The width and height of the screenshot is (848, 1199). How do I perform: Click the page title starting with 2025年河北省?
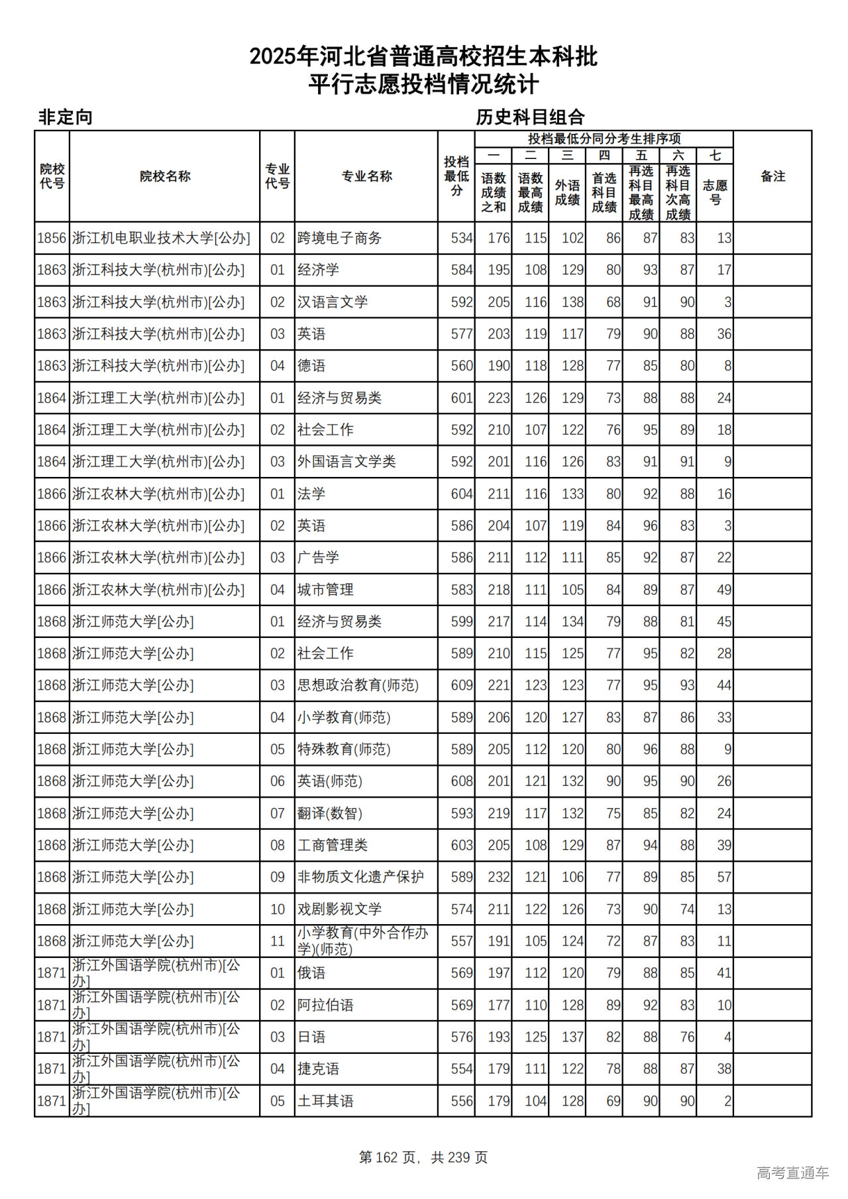click(423, 57)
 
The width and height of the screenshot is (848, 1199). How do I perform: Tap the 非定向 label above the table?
click(65, 117)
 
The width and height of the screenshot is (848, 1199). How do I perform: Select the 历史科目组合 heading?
click(530, 117)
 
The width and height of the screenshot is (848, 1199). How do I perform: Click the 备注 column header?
click(772, 176)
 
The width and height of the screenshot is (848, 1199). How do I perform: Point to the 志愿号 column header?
click(715, 192)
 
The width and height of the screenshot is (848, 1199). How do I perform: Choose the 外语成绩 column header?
click(567, 192)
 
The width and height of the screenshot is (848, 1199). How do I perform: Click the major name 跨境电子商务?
click(339, 238)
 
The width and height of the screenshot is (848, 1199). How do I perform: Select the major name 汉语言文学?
click(333, 302)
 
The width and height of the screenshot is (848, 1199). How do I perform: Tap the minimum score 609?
click(461, 686)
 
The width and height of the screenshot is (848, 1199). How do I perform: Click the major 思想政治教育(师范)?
click(358, 686)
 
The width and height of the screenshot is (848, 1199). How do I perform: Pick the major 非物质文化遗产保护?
click(360, 877)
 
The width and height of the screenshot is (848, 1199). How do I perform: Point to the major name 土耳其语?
click(325, 1101)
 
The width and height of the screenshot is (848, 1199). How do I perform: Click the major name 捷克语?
click(318, 1069)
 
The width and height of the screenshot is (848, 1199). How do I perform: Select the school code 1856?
click(52, 238)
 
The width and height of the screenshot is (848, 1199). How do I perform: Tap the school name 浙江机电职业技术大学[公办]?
click(161, 238)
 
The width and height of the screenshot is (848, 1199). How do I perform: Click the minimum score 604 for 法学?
click(461, 494)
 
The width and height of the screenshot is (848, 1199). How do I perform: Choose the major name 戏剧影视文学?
click(339, 910)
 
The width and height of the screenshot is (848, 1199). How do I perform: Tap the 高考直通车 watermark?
click(792, 1173)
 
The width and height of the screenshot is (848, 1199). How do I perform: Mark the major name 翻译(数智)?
click(329, 813)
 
